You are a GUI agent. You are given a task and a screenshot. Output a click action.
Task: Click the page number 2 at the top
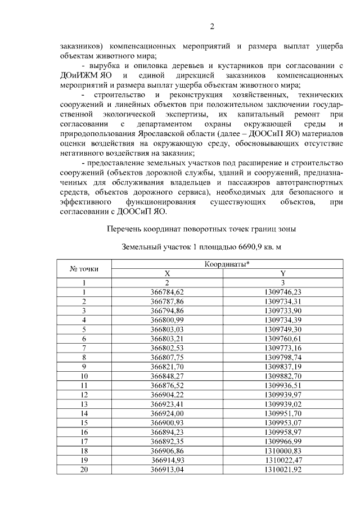click(x=212, y=26)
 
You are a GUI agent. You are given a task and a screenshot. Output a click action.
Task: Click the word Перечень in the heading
click(x=124, y=228)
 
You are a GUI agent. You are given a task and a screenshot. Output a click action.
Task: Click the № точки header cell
click(x=84, y=269)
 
